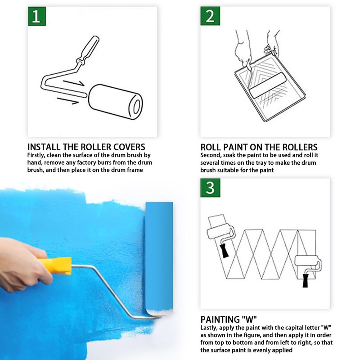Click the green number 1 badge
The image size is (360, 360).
[x=37, y=16]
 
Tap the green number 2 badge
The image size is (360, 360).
[x=210, y=16]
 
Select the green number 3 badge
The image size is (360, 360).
[x=210, y=188]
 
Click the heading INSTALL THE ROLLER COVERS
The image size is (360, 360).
[x=86, y=147]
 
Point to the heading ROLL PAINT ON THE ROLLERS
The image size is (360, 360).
[x=259, y=147]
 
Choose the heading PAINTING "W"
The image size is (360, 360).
[x=229, y=319]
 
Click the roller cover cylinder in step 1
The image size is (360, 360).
[x=116, y=102]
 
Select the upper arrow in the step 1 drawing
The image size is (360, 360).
[x=73, y=83]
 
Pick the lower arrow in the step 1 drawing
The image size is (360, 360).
[x=68, y=101]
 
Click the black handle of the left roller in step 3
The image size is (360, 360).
[x=224, y=251]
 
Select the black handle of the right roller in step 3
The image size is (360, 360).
[x=306, y=280]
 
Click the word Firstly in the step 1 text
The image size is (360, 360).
[x=36, y=155]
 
